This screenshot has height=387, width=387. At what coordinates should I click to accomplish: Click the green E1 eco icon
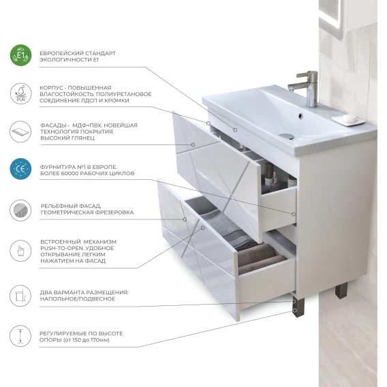tap(20, 55)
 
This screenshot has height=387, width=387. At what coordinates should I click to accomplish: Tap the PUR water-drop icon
tap(20, 93)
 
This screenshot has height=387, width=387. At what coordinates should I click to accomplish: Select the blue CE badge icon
tap(20, 169)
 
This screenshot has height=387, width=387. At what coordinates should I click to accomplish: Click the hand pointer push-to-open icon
tap(20, 251)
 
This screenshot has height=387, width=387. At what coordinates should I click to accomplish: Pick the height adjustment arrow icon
tap(20, 336)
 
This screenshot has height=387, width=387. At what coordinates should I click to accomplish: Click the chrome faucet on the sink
tap(306, 89)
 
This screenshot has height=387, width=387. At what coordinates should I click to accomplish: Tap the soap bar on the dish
tap(350, 118)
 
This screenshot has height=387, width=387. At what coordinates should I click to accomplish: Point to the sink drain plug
tap(287, 136)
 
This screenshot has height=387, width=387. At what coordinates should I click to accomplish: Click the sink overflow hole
tap(300, 115)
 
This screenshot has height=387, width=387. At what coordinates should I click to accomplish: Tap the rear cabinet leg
tap(341, 290)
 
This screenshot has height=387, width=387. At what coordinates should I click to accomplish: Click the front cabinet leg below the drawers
tap(298, 307)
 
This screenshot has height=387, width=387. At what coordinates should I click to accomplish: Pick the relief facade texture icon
tap(20, 211)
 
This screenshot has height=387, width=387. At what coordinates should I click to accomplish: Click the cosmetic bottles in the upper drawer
tap(274, 178)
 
